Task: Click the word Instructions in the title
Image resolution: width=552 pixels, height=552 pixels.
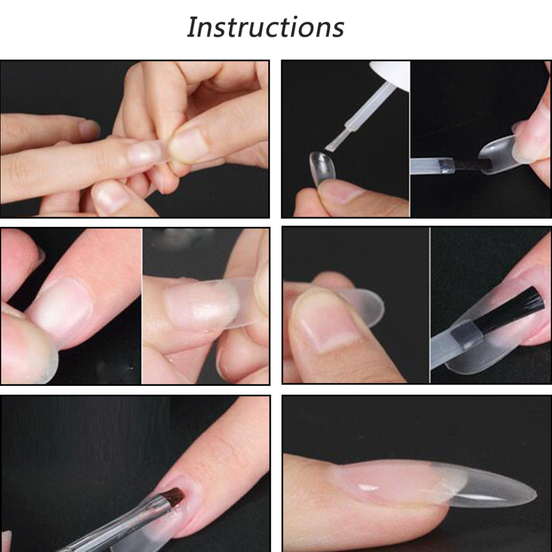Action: [x=265, y=27]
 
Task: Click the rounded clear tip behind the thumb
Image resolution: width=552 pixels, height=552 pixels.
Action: [x=363, y=306]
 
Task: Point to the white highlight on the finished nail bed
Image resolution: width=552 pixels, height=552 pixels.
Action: [x=368, y=487]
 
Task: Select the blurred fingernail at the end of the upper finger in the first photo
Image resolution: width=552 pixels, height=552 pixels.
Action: [x=88, y=128]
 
